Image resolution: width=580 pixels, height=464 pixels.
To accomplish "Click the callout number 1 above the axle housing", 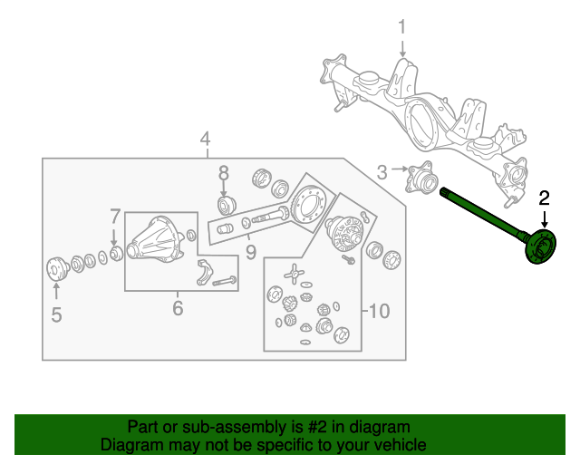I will (401, 28).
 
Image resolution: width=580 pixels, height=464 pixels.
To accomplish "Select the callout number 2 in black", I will (545, 197).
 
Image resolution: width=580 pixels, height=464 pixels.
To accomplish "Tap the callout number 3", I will (382, 170).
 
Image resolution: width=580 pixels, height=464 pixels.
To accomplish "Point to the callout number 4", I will (206, 139).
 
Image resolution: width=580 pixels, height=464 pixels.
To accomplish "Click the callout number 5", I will (56, 315).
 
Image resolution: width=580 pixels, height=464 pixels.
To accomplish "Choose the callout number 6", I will (178, 309).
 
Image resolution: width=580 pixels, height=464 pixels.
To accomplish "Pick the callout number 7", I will (115, 217).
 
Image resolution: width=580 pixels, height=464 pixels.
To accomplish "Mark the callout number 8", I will (223, 172).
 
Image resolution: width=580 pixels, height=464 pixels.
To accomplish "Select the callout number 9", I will (251, 250).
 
